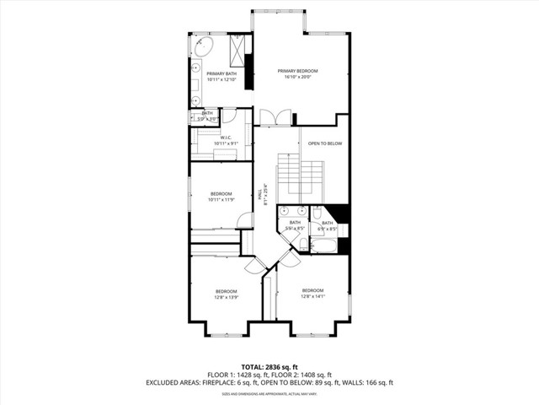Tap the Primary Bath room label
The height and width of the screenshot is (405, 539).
221,74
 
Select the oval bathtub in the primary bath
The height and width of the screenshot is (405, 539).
205,46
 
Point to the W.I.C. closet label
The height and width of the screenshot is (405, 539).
226,138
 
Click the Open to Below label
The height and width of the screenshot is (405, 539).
325,143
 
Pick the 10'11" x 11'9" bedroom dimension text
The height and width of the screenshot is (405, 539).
221,200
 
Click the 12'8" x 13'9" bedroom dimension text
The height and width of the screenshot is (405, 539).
227,297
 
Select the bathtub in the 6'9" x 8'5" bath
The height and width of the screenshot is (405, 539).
323,246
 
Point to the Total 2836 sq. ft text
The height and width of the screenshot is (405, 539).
269,367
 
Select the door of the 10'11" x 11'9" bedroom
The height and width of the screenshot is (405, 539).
245,221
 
